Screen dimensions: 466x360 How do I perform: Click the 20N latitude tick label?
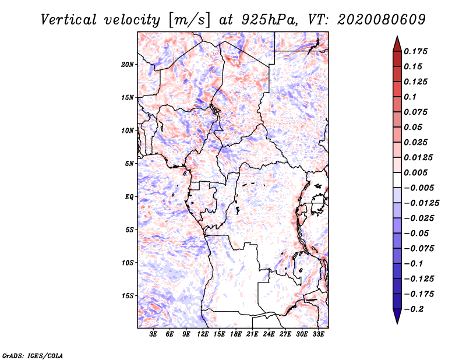coord(128,65)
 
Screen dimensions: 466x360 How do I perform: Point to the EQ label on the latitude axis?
coord(129,197)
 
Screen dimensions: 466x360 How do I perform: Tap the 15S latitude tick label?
coord(128,296)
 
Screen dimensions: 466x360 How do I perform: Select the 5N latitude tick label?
coord(129,164)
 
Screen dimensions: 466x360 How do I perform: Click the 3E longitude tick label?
coord(153,334)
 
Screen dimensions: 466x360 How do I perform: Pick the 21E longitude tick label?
coord(252,334)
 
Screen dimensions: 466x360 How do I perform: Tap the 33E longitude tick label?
coord(318,334)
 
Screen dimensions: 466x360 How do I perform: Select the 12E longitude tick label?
coord(203,334)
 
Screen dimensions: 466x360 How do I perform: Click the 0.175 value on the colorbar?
coord(415,51)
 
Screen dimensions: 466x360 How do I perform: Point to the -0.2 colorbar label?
coord(414,309)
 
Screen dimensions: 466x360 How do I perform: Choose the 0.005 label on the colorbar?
coord(415,172)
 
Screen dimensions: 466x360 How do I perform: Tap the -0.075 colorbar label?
coord(419,249)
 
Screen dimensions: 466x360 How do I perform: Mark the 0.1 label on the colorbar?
coord(410,97)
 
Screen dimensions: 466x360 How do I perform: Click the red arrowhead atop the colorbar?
coord(397,44)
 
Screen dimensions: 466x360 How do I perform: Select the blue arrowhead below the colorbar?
coord(397,316)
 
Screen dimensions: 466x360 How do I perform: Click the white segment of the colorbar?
coord(397,180)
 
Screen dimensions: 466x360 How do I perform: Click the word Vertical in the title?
coord(69,20)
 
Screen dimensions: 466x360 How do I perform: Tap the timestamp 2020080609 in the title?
coord(382,20)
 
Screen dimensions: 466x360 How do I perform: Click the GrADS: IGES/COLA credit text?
coord(33,355)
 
